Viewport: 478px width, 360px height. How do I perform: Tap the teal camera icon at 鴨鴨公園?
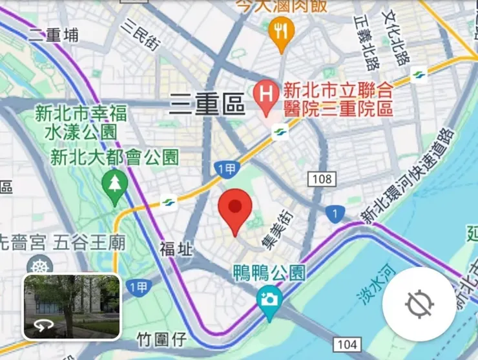tap(268, 299)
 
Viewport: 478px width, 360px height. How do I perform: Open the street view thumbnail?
tap(72, 307)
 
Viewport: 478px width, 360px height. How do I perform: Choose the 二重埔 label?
tap(54, 35)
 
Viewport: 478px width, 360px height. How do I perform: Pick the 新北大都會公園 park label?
tap(114, 157)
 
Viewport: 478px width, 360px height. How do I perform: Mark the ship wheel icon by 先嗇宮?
tap(40, 266)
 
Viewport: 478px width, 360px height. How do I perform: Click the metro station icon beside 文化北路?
tap(419, 76)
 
